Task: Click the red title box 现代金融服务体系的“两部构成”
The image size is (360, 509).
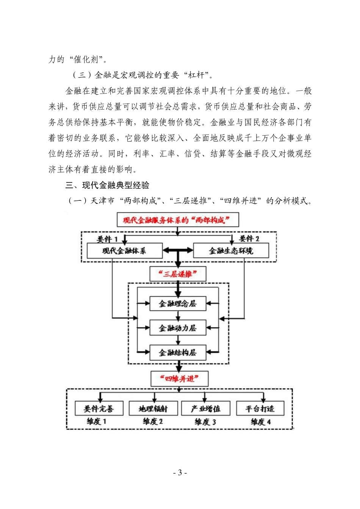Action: [178, 220]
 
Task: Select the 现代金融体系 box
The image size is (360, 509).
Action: [124, 251]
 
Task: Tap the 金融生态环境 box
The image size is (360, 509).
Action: [231, 251]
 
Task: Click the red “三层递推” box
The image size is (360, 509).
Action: [178, 274]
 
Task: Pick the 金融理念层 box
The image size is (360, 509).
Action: [178, 303]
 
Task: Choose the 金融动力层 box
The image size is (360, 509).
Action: [178, 328]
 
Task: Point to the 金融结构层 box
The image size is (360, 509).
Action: [178, 353]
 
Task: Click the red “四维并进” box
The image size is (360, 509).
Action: [179, 378]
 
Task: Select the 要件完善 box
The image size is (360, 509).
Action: [99, 409]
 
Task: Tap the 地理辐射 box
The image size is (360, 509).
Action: [153, 409]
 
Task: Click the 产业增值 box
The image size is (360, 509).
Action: [206, 409]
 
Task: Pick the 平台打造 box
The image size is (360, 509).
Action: [260, 409]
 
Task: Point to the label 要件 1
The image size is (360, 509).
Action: [107, 239]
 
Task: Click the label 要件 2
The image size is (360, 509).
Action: [249, 239]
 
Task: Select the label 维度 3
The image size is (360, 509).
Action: [205, 422]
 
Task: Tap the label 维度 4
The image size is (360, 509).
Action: [261, 422]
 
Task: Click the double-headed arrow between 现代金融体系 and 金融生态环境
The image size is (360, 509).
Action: [178, 251]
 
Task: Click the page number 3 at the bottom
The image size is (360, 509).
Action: [180, 472]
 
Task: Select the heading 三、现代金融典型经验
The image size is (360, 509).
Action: [108, 185]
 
